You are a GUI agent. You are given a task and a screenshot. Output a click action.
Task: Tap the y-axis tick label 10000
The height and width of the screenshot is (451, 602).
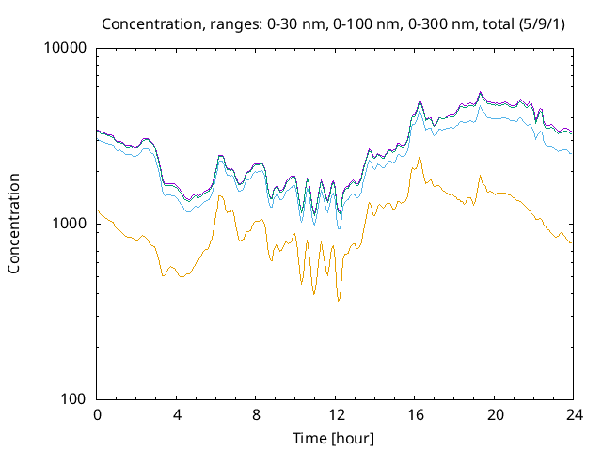(x=67, y=49)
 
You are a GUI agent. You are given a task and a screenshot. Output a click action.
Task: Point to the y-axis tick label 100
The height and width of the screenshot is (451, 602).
(x=74, y=399)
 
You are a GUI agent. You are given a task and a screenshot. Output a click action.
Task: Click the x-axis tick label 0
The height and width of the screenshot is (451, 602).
(x=97, y=414)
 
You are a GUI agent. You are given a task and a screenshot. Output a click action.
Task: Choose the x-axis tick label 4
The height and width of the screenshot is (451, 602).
(x=176, y=414)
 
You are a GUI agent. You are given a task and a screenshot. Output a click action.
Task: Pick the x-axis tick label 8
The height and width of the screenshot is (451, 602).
(x=255, y=414)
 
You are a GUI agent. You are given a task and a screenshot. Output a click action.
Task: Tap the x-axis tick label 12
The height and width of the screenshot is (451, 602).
(x=334, y=414)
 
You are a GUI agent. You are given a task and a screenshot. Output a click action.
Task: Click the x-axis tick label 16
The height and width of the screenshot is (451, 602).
(x=414, y=414)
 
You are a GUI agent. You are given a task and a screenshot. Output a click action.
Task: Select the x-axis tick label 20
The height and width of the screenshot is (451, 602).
(x=493, y=414)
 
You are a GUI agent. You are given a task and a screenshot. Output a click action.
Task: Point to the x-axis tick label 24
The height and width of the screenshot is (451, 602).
(x=572, y=414)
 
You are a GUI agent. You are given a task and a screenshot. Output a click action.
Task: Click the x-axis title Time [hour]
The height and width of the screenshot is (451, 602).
(x=334, y=438)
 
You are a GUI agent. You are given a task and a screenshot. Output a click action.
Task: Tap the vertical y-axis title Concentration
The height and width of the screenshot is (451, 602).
(x=14, y=224)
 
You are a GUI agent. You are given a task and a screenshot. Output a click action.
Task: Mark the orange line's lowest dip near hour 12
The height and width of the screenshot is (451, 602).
(x=339, y=301)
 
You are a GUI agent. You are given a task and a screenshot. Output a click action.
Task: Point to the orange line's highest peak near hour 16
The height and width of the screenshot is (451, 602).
(x=420, y=158)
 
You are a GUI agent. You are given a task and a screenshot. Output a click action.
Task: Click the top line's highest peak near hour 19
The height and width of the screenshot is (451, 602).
(x=481, y=92)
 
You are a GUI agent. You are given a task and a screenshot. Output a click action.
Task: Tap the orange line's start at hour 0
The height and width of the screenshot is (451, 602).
(x=98, y=210)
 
